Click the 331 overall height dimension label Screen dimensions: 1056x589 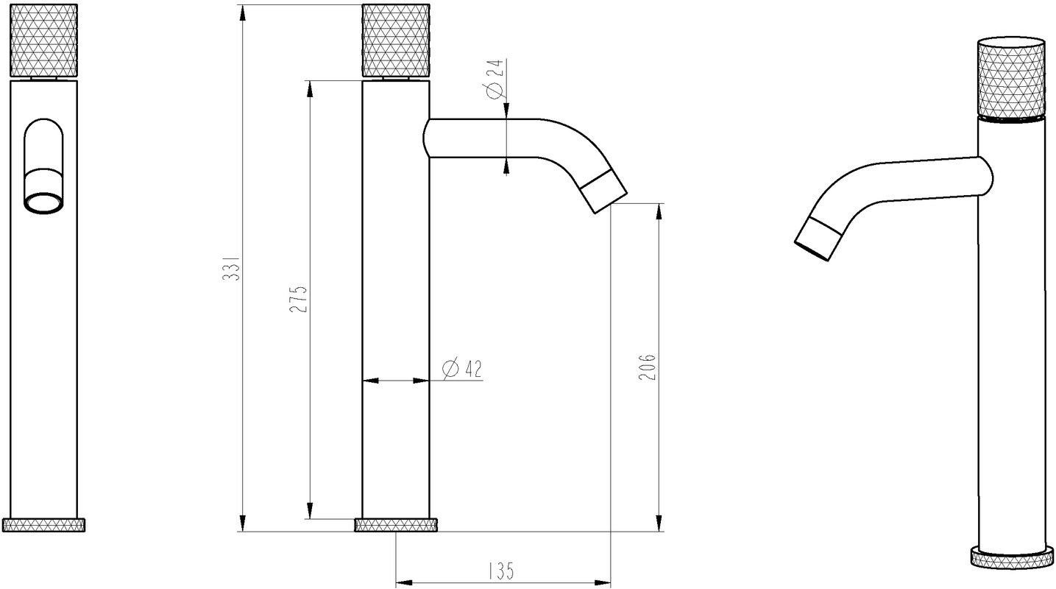(x=232, y=269)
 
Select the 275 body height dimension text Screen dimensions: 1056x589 (x=298, y=299)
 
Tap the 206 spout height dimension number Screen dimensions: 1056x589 (x=647, y=367)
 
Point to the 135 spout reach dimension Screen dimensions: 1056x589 (x=500, y=571)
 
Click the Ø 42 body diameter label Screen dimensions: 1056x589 (x=463, y=370)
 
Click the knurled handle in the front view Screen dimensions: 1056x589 (x=44, y=40)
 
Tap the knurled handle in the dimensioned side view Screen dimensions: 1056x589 (x=395, y=40)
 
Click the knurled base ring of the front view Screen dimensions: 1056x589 (x=44, y=525)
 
